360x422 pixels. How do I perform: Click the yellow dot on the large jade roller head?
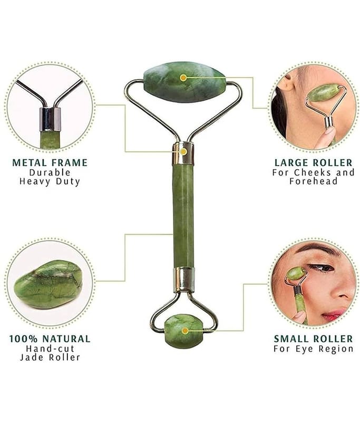(183, 78)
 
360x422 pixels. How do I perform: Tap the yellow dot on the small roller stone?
(185, 331)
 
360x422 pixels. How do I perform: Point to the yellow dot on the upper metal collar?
(183, 151)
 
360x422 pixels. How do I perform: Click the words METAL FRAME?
(50, 162)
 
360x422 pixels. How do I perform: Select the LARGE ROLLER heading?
(314, 162)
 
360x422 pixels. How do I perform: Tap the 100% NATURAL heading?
(50, 339)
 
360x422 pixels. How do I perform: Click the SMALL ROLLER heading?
(314, 339)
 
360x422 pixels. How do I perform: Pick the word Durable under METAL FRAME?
(50, 172)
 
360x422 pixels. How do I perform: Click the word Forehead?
(314, 181)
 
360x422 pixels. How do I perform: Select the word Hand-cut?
(50, 349)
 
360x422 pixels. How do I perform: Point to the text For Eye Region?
(314, 349)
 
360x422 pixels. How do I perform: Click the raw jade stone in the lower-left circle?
(48, 284)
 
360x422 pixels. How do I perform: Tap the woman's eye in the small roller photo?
(321, 268)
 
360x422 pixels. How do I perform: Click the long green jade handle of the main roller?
(183, 215)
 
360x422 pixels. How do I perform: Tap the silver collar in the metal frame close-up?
(50, 119)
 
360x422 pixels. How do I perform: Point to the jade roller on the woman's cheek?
(322, 93)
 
